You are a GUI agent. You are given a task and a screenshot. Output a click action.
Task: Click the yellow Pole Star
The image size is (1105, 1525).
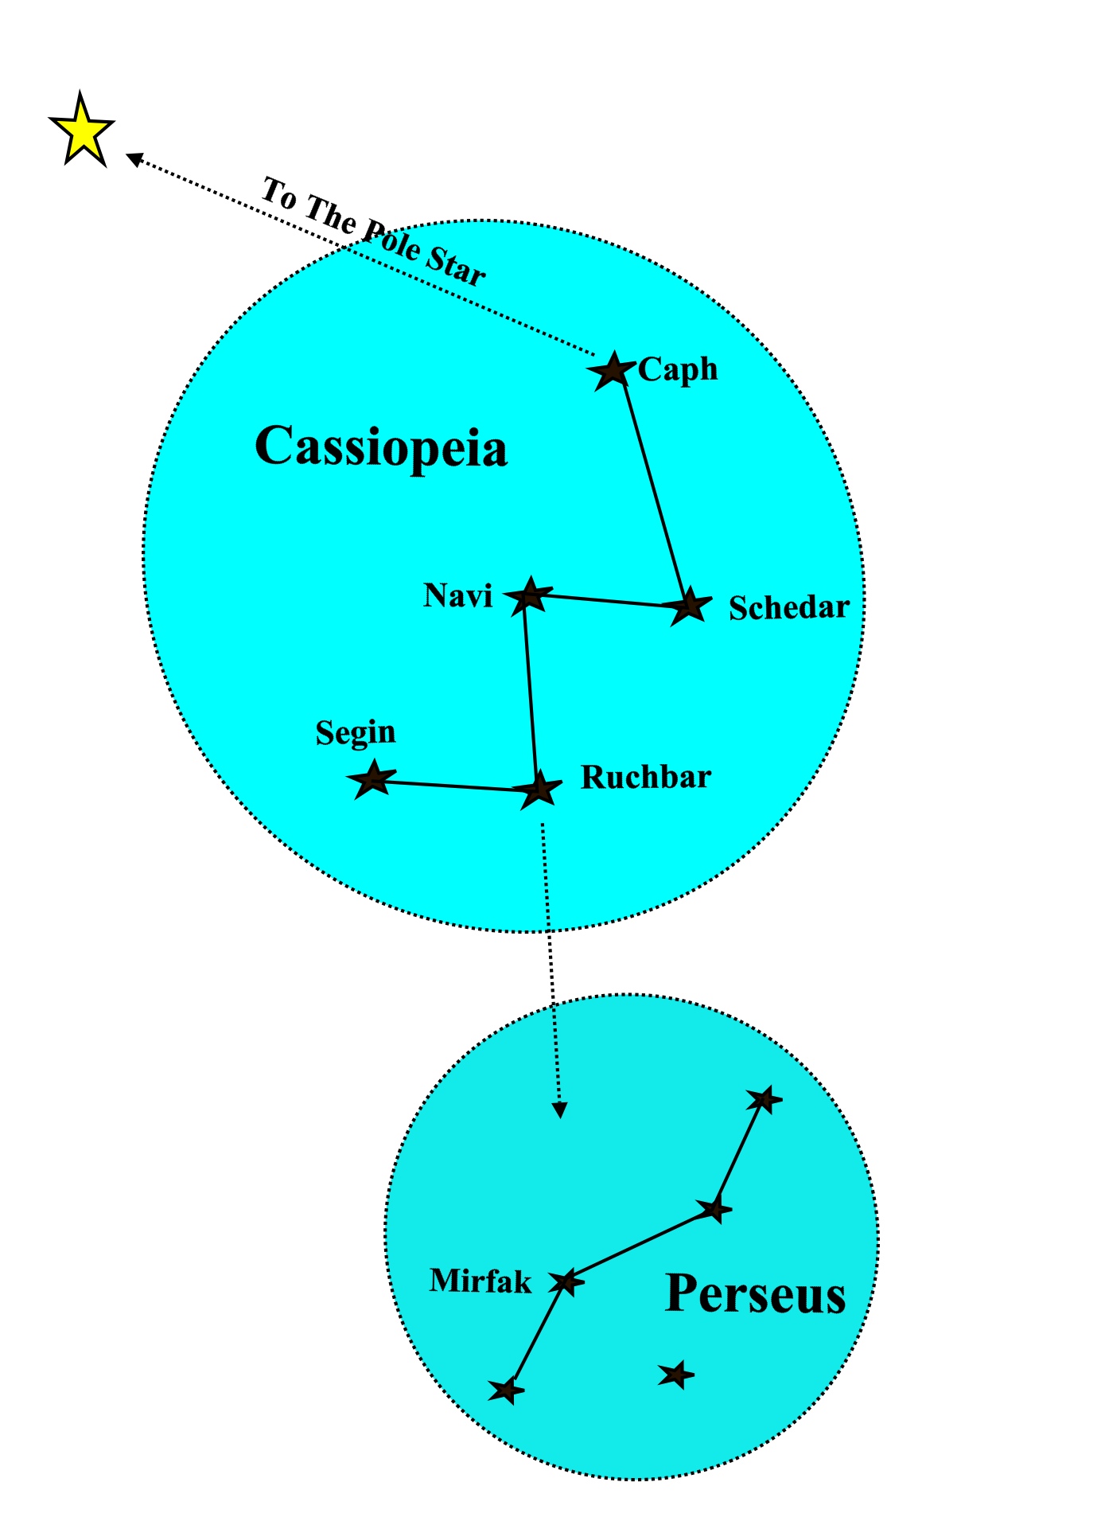point(82,131)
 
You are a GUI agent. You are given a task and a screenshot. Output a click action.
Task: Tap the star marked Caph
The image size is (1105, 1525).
point(613,370)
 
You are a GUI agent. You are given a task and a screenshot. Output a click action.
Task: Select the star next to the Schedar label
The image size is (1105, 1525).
point(689,606)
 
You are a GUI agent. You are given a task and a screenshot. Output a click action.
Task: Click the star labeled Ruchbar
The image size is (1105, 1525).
point(538,790)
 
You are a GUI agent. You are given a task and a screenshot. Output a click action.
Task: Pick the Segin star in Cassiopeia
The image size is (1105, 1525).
point(372,779)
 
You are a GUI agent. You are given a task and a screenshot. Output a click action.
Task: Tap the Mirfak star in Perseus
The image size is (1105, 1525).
point(566,1281)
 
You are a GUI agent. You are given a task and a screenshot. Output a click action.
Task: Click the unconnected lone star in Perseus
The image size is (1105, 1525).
point(676,1374)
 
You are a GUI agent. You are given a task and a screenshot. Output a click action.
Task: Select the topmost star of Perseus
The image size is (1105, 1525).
point(764,1100)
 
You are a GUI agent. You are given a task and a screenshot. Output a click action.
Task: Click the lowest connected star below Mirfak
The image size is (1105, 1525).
point(506,1390)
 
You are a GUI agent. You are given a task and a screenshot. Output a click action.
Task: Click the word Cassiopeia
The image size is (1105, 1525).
point(380,447)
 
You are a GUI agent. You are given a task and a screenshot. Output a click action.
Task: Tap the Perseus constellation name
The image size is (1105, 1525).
point(754,1293)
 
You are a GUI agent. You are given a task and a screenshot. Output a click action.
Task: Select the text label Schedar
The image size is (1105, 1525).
point(788,608)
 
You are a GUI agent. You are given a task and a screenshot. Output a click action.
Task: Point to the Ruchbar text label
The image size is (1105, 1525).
point(645,778)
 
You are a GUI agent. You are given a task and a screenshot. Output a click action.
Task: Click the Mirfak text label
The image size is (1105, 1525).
point(480,1281)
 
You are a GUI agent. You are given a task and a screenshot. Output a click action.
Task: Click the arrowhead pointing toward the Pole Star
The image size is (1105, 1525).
point(134,159)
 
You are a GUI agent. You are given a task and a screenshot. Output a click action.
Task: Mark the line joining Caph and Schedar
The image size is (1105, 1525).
point(653,490)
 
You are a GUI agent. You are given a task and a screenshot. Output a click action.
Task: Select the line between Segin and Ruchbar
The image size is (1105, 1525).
point(453,786)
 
